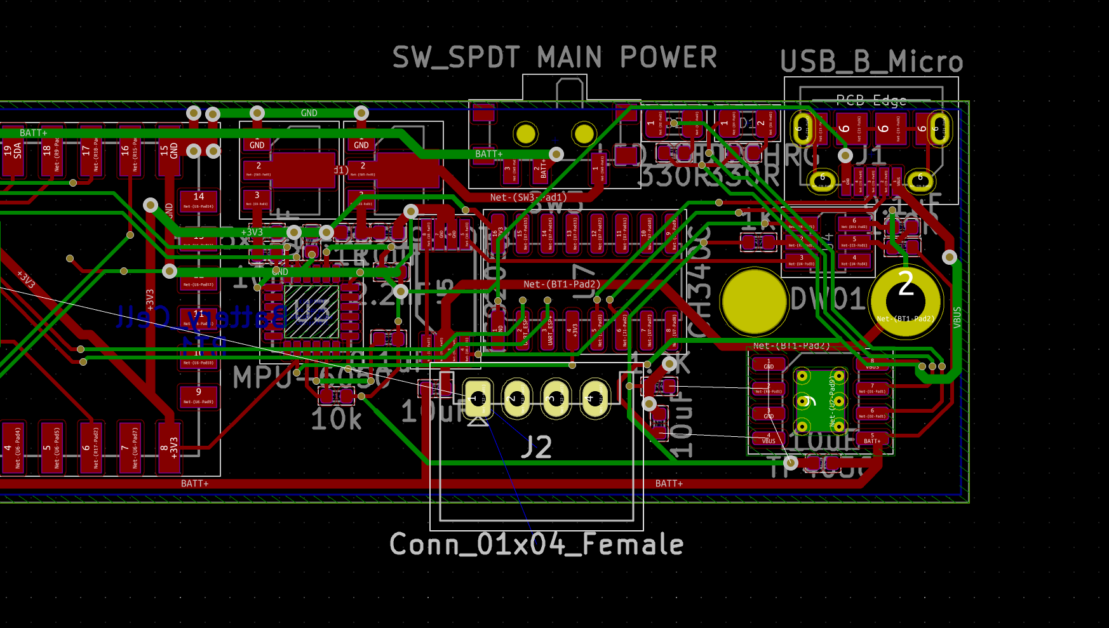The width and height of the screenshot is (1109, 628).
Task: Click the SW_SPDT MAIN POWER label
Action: [554, 58]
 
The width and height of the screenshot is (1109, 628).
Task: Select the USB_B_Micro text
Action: [871, 62]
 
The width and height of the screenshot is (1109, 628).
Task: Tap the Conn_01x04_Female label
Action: [536, 545]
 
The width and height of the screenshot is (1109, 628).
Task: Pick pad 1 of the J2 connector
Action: [478, 399]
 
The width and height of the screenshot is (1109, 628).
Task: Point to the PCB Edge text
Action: [871, 100]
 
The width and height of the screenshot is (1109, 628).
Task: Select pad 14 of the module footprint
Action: [199, 201]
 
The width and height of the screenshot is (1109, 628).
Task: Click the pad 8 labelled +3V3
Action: [169, 448]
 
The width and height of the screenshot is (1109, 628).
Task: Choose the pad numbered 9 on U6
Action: [199, 396]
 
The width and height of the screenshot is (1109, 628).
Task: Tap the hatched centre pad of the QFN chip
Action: [311, 312]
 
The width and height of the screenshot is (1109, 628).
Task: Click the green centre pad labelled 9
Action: [820, 401]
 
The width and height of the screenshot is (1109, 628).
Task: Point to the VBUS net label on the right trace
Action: [957, 317]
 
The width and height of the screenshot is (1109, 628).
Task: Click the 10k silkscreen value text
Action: [336, 420]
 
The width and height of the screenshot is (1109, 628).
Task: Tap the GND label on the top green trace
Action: [309, 113]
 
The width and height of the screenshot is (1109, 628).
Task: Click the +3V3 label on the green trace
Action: [252, 232]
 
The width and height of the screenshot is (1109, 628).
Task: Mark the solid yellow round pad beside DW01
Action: [754, 302]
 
